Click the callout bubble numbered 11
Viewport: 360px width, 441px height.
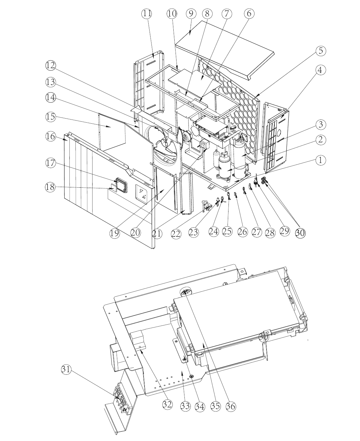[147, 14]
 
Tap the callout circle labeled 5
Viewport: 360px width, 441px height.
[321, 51]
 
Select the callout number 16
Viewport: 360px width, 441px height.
[51, 137]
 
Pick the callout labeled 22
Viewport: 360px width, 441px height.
[176, 234]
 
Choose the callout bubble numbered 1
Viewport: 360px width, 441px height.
[320, 160]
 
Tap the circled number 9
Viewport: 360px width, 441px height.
[191, 14]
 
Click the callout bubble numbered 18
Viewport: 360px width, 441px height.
[50, 187]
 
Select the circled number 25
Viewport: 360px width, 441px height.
[227, 231]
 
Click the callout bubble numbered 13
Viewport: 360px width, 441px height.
[51, 82]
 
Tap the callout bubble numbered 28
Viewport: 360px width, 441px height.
[270, 232]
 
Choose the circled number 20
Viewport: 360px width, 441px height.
[135, 232]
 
